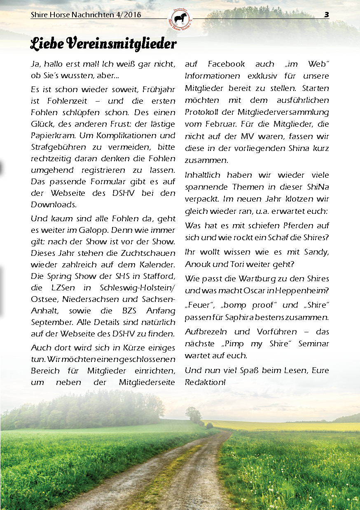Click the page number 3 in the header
point(326,15)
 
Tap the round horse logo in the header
point(180,19)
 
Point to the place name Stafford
point(159,276)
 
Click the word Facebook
point(226,64)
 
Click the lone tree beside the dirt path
point(193,414)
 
